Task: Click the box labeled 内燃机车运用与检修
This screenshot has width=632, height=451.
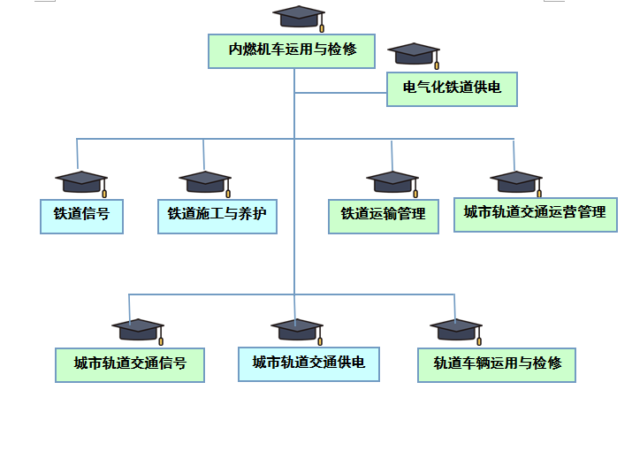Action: pyautogui.click(x=293, y=50)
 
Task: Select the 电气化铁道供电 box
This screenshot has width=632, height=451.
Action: pyautogui.click(x=452, y=88)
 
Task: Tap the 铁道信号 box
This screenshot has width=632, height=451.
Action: pyautogui.click(x=81, y=216)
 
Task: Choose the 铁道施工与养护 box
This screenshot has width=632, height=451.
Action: pyautogui.click(x=217, y=216)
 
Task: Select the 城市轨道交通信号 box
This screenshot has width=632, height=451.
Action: pyautogui.click(x=130, y=364)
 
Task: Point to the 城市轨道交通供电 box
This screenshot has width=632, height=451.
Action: pyautogui.click(x=308, y=363)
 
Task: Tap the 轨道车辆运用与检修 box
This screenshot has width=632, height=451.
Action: pyautogui.click(x=497, y=364)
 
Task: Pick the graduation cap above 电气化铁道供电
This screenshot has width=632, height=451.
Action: pyautogui.click(x=414, y=53)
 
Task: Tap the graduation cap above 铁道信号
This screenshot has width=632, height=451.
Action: pyautogui.click(x=80, y=181)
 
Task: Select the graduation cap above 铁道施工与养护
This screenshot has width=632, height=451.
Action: pyautogui.click(x=204, y=181)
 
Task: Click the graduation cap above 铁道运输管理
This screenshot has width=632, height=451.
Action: pyautogui.click(x=392, y=181)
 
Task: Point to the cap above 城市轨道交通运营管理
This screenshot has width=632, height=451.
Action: pyautogui.click(x=515, y=181)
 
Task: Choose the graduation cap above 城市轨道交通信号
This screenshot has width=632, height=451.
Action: pyautogui.click(x=137, y=329)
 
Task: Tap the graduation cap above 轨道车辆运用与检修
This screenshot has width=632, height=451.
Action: pyautogui.click(x=455, y=329)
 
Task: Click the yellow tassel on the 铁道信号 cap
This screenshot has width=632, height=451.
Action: pyautogui.click(x=104, y=192)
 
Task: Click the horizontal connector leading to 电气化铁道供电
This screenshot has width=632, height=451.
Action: pyautogui.click(x=340, y=92)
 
